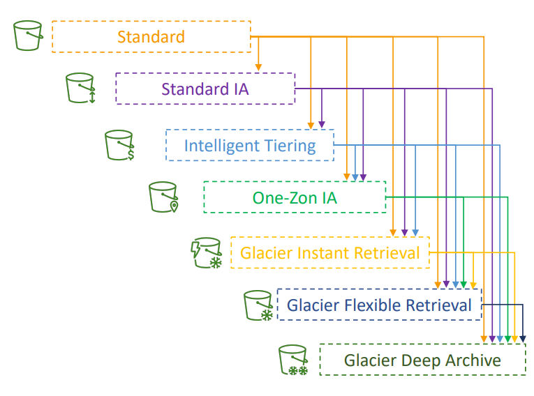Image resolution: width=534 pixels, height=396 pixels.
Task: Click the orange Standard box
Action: pyautogui.click(x=151, y=37)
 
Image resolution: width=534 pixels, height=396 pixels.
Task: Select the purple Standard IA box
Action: pyautogui.click(x=205, y=89)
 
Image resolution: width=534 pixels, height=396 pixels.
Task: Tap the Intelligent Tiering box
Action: pyautogui.click(x=249, y=146)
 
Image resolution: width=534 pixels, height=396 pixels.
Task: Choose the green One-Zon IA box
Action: pyautogui.click(x=294, y=197)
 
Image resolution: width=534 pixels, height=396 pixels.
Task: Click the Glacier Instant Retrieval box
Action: pyautogui.click(x=329, y=252)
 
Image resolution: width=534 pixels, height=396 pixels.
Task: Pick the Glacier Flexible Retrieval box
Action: pyautogui.click(x=379, y=305)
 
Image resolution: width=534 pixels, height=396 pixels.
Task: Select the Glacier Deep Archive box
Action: pyautogui.click(x=422, y=360)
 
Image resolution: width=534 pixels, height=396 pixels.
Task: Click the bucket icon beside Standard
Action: pyautogui.click(x=29, y=36)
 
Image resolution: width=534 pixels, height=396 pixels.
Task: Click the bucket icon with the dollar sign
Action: pyautogui.click(x=119, y=145)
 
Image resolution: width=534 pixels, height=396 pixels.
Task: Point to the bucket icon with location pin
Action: pyautogui.click(x=163, y=197)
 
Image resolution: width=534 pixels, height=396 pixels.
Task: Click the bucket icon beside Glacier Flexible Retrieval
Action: pyautogui.click(x=258, y=305)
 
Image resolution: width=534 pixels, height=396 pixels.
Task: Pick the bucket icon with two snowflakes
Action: pyautogui.click(x=293, y=360)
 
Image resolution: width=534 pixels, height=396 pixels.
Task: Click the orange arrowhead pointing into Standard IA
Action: pyautogui.click(x=258, y=67)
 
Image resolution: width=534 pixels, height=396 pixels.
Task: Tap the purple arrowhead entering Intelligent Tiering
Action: pyautogui.click(x=322, y=124)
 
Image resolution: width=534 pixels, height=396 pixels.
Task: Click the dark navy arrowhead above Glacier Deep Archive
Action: pyautogui.click(x=523, y=338)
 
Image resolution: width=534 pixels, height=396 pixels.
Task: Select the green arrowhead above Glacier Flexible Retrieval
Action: pyautogui.click(x=464, y=284)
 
